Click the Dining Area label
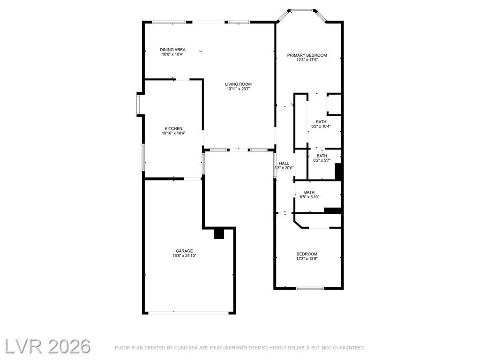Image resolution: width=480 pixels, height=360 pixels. click(172, 50)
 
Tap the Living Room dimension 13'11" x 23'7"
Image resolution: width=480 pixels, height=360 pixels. click(239, 89)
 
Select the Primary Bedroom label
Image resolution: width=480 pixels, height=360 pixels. click(307, 55)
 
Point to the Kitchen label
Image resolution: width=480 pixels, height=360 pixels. click(173, 128)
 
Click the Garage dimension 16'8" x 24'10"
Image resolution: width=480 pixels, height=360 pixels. click(184, 255)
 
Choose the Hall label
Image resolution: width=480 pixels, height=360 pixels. click(284, 164)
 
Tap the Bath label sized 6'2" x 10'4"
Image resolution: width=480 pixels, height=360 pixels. click(321, 122)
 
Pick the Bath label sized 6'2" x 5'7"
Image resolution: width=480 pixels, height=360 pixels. click(322, 156)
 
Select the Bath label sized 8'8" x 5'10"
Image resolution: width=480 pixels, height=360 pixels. click(309, 192)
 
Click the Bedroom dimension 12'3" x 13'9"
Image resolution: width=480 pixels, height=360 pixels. click(307, 259)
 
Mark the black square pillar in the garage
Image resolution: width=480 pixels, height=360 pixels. click(219, 234)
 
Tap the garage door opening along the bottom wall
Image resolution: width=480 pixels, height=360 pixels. click(188, 313)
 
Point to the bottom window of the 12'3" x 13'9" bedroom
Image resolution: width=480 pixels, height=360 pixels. click(310, 288)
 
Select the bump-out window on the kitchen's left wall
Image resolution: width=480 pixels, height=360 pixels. click(138, 105)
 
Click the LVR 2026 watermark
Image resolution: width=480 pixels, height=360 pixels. click(48, 346)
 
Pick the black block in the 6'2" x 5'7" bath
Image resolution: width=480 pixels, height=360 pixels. click(338, 171)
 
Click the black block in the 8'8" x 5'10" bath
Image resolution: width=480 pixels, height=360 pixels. click(332, 210)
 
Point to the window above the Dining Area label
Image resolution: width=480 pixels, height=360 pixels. click(169, 22)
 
